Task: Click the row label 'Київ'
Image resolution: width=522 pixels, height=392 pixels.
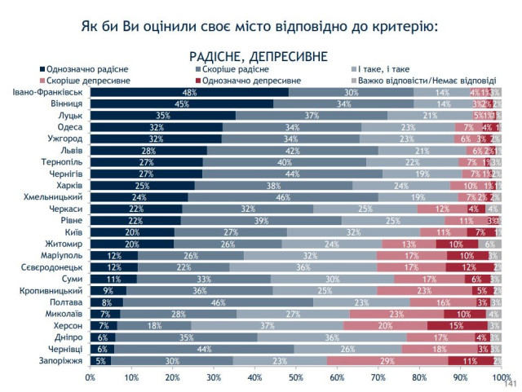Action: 71,231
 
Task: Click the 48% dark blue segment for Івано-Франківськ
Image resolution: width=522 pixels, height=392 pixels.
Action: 189,92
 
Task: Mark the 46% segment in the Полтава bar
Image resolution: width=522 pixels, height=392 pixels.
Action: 218,302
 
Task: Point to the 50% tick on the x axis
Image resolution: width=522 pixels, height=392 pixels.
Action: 295,377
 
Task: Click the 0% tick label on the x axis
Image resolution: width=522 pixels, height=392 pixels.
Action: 91,377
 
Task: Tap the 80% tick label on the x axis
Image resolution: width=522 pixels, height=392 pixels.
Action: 419,377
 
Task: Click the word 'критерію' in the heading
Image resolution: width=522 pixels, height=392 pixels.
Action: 397,26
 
